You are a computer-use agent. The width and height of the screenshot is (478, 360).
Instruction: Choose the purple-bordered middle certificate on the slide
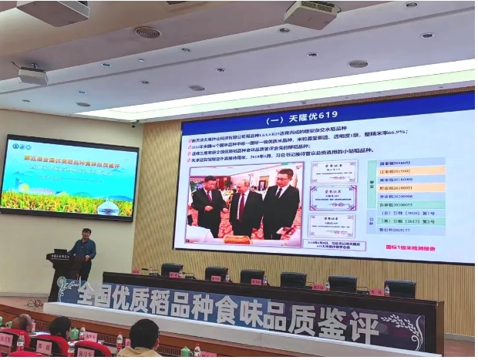point(332,197)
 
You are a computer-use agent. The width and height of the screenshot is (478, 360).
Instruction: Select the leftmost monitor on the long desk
point(172,270)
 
